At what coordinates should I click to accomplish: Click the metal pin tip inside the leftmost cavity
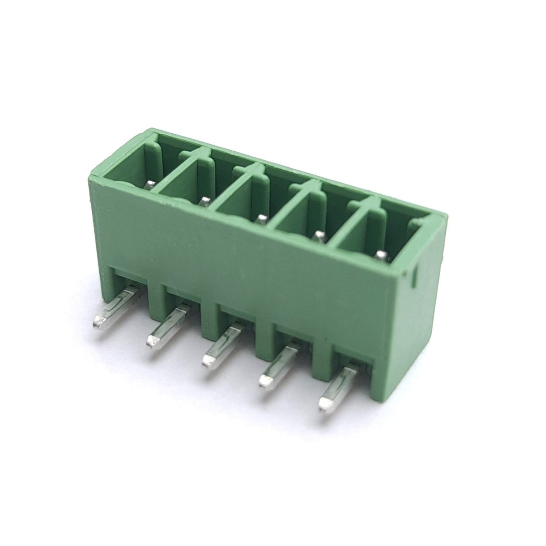click(150, 184)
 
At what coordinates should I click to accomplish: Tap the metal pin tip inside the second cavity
click(204, 201)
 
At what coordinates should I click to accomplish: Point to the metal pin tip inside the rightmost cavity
click(382, 255)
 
